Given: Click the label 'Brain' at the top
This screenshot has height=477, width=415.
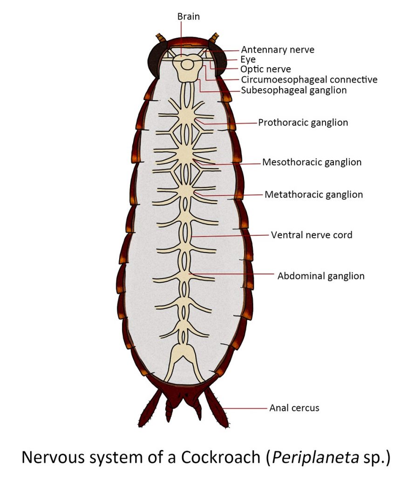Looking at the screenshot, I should coord(188,17).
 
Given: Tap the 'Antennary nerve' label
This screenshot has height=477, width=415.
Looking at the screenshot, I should coord(277,50).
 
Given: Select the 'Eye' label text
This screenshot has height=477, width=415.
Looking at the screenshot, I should coord(248,60).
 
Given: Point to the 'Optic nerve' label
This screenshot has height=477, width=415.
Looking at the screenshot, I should coord(265,69).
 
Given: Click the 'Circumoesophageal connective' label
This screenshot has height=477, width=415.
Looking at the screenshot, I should coord(309,80).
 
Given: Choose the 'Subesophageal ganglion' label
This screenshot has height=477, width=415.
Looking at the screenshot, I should coord(293,90).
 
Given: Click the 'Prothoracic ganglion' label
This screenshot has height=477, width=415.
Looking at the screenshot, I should coord(303,123).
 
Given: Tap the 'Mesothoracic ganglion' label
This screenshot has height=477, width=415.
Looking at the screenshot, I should coord(312,163).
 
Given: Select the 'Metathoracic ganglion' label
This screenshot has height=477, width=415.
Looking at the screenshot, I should coord(313,194).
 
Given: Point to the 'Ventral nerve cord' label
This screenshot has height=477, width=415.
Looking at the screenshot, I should coord(312,235).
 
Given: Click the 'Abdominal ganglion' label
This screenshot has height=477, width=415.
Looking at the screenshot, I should coord(321,276).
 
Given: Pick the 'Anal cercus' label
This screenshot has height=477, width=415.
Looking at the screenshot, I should coord(294,408).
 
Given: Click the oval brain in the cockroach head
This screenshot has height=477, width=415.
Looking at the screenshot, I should coord(187,64).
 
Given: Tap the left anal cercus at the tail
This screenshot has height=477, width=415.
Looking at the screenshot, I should coord(151,409).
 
